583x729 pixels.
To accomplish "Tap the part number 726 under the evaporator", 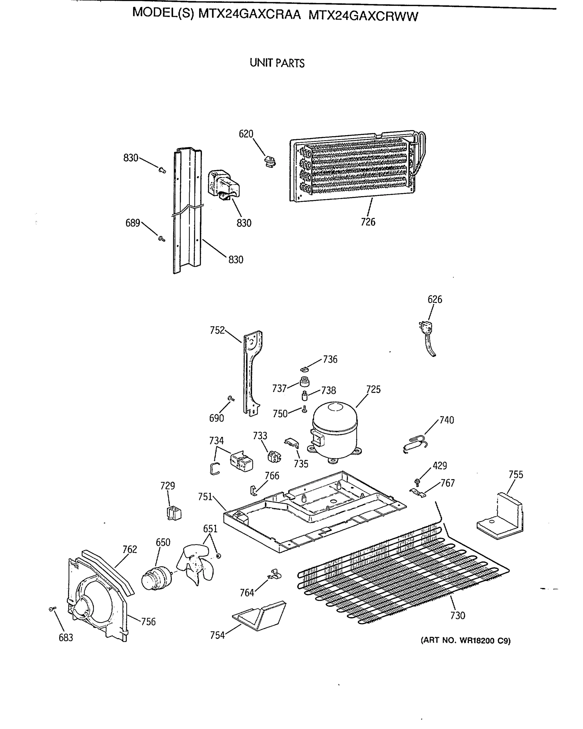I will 368,222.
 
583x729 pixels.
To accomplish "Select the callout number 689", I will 132,223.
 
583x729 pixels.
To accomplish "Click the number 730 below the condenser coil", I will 458,616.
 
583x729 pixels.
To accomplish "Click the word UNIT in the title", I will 261,63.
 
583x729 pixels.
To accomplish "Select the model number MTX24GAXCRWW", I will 363,16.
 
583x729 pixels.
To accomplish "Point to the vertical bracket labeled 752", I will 252,372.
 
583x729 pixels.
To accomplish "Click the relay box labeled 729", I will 174,513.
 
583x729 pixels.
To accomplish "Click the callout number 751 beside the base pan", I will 205,497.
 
